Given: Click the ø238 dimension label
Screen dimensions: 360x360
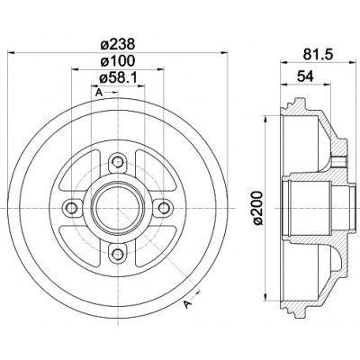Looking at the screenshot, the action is [117, 44].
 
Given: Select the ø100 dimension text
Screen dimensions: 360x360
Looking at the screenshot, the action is [117, 61].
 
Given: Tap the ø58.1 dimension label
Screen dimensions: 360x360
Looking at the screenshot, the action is [118, 78].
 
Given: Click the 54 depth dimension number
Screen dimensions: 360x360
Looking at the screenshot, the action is [305, 76].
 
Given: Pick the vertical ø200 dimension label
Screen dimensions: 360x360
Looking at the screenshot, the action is [257, 208].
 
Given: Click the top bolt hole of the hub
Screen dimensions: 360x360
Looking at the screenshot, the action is [118, 162].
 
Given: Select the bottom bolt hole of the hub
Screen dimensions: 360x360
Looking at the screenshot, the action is [118, 255].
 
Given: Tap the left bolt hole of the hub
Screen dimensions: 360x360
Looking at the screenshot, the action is [72, 208].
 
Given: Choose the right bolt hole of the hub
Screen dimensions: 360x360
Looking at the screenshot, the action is [164, 208].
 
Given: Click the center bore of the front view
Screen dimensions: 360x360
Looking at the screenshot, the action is [118, 208].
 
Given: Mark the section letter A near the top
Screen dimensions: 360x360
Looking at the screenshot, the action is [98, 93].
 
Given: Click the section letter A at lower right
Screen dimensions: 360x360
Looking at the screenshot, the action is [188, 304].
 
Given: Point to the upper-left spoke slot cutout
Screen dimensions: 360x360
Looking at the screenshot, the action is [80, 169].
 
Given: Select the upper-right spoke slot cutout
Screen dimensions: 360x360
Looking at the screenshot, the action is [155, 169].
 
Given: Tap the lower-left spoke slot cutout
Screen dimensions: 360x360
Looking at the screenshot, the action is [80, 246].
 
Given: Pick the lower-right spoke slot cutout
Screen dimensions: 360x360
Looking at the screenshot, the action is [155, 246].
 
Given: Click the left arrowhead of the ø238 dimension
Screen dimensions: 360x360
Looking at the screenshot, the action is [11, 53].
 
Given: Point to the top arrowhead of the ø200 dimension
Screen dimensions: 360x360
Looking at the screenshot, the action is [265, 120].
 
